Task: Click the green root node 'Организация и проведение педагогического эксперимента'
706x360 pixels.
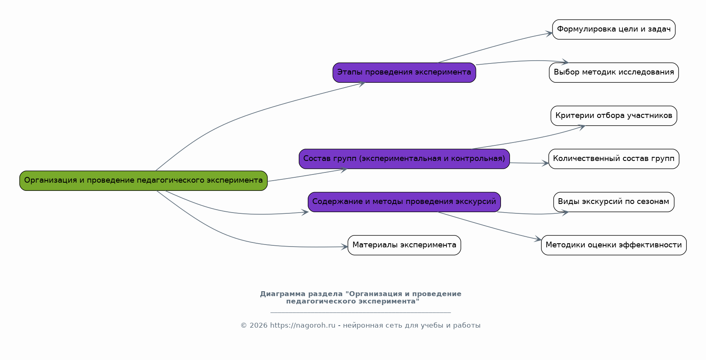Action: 143,181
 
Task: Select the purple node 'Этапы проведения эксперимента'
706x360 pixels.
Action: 404,72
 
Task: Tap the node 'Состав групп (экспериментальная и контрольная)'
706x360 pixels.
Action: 404,159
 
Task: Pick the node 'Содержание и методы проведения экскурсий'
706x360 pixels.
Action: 404,202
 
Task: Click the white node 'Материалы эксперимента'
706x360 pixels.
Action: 404,245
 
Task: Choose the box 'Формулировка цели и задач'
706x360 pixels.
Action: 614,29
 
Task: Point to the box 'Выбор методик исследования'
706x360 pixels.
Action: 614,72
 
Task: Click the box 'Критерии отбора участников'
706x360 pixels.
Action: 614,116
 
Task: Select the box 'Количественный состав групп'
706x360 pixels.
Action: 614,159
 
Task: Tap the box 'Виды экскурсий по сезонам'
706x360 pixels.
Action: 614,202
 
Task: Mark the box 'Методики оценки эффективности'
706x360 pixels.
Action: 614,245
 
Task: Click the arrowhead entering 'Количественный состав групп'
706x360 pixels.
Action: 546,163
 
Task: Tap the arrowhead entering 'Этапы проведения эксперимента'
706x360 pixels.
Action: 362,84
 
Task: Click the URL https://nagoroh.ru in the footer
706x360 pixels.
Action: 302,326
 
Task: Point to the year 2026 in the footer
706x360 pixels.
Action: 258,326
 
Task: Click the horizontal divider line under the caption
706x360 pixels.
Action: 360,312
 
